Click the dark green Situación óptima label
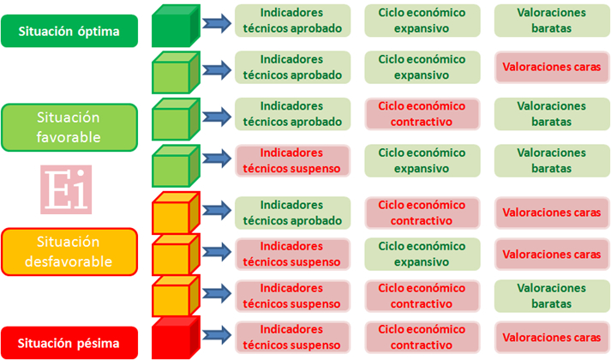69,31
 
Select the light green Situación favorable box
69,128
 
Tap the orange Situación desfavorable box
69,252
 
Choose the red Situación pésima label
69,343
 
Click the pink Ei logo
66,189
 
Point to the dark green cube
176,26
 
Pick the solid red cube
176,338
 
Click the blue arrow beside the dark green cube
217,23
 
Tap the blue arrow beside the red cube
217,335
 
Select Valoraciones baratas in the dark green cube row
552,21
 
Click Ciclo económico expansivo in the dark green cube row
422,21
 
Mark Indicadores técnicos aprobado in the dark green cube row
292,21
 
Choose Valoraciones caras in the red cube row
552,338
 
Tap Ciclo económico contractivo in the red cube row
422,338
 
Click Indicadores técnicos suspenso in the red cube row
292,338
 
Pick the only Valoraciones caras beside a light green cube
552,67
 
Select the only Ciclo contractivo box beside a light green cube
422,114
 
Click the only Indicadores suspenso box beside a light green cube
292,160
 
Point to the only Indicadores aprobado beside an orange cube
292,213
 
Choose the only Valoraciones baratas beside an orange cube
552,296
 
